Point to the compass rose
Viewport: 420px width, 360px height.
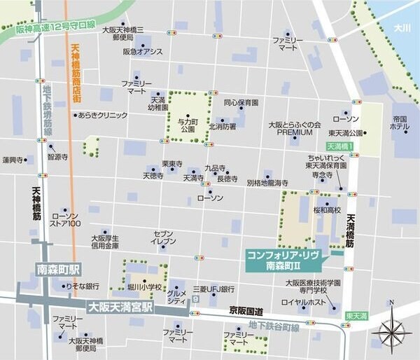[391, 330]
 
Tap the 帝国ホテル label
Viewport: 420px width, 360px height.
[400, 123]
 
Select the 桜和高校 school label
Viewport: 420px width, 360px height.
[327, 209]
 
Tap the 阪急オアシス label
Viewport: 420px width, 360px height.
[143, 52]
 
